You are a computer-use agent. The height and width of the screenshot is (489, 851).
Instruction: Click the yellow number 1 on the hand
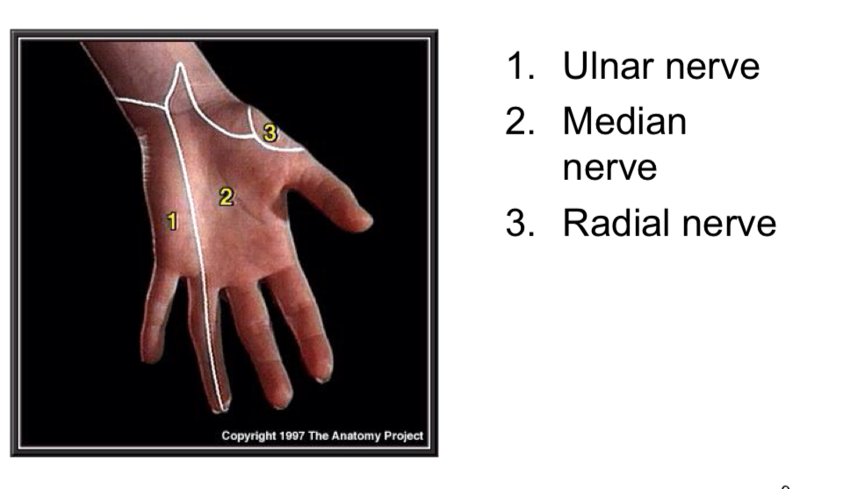[x=172, y=221]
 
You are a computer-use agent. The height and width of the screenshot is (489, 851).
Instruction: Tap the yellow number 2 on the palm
[x=226, y=197]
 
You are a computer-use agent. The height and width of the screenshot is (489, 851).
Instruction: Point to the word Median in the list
[x=624, y=121]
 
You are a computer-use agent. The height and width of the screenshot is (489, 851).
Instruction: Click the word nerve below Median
[x=609, y=167]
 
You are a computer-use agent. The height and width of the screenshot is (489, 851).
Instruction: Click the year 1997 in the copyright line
[x=292, y=435]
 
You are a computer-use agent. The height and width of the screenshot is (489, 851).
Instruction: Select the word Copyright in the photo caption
[x=247, y=435]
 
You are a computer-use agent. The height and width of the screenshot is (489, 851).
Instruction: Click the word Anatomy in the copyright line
[x=357, y=435]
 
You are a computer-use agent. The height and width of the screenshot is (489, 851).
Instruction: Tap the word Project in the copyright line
[x=404, y=435]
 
